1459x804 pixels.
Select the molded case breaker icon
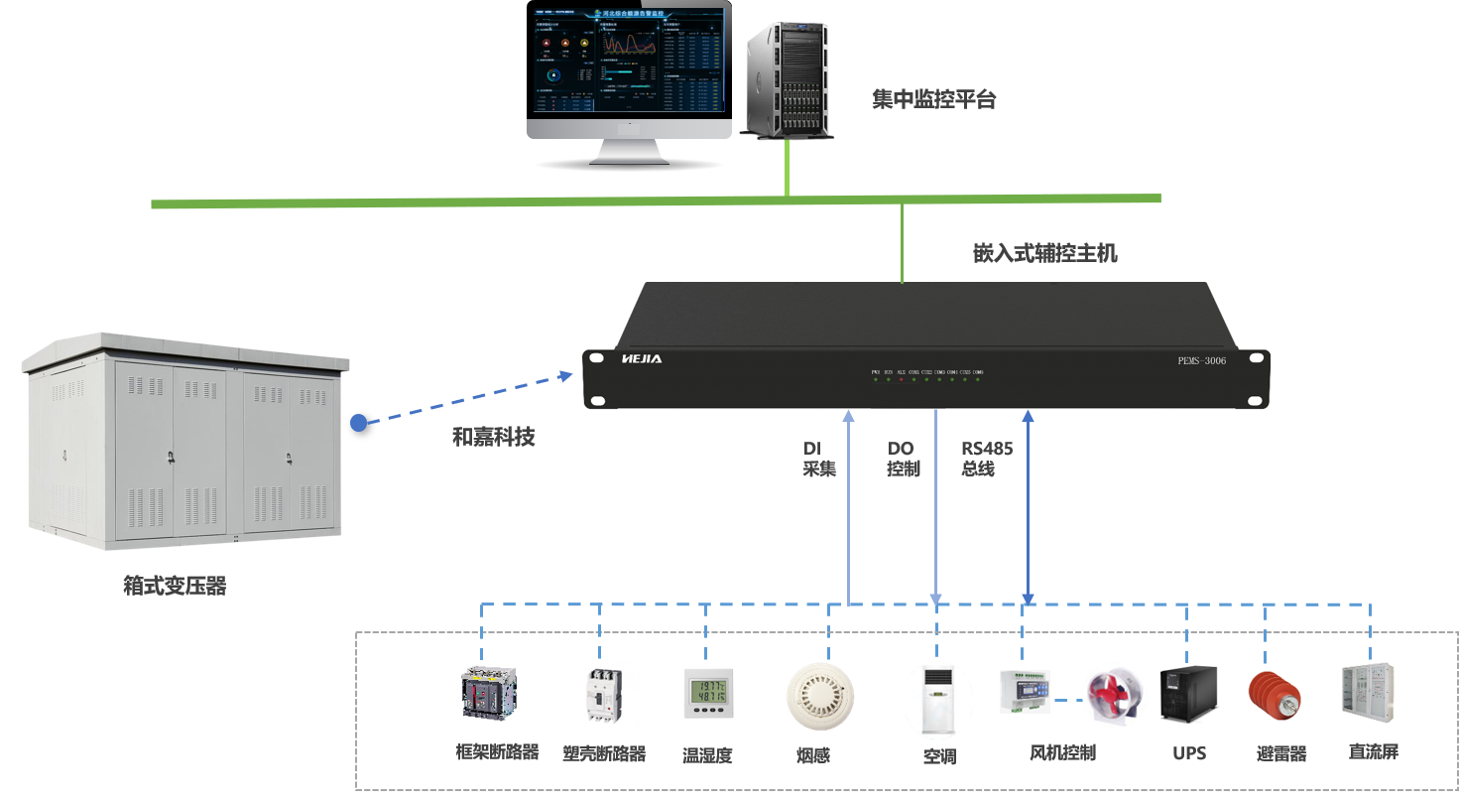pos(605,697)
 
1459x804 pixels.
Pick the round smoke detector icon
pos(820,696)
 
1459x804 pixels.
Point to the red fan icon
pos(1115,694)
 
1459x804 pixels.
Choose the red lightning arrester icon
pos(1275,695)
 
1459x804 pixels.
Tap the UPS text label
pos(1189,753)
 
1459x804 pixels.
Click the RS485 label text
pos(986,449)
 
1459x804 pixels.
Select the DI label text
pos(812,449)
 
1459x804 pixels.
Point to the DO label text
pos(901,449)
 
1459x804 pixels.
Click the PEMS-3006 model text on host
pos(1200,360)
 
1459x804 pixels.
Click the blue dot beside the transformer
pos(359,423)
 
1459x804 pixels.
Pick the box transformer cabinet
pos(186,443)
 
